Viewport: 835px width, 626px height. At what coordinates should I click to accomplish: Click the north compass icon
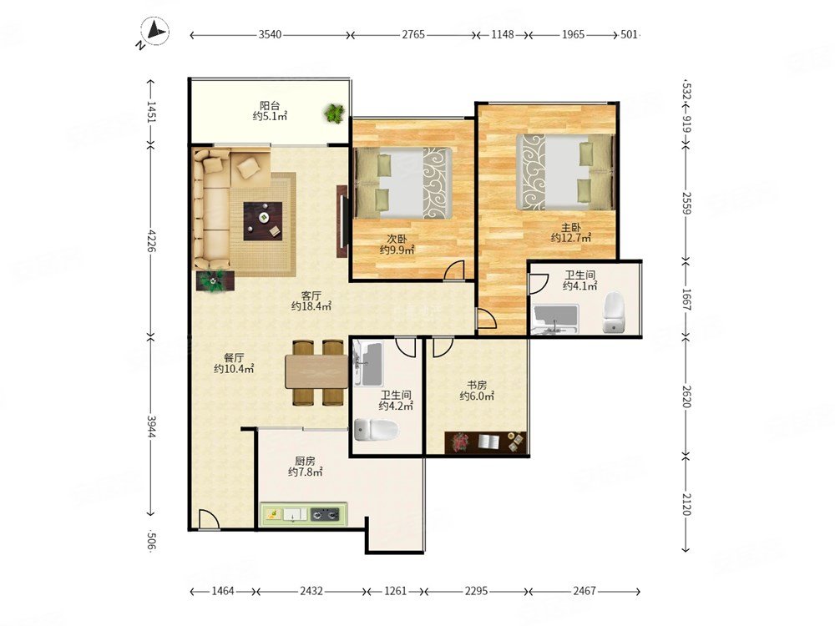(154, 32)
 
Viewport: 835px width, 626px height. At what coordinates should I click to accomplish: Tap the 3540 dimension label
(270, 34)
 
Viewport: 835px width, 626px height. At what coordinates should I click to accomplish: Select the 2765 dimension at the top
(413, 34)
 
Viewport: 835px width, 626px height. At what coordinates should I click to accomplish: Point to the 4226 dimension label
(152, 240)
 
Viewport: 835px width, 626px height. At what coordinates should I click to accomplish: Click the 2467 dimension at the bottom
(584, 591)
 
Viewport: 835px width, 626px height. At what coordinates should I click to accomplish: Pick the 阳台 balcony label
(270, 105)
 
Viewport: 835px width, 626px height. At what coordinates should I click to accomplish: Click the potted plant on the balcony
(335, 113)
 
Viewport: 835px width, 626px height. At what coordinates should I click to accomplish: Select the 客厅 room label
(311, 295)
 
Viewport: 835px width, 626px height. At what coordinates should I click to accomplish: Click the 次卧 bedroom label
(397, 239)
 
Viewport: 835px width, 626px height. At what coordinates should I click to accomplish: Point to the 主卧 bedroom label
(571, 227)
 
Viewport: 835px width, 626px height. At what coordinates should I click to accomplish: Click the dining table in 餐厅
(316, 371)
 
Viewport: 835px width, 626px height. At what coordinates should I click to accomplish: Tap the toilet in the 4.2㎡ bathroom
(376, 430)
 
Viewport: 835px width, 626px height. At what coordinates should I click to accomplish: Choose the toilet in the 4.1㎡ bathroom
(614, 312)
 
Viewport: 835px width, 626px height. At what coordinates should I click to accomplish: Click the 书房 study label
(477, 384)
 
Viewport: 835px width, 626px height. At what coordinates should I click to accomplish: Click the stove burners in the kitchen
(325, 514)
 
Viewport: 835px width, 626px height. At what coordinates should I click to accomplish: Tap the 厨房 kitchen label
(305, 461)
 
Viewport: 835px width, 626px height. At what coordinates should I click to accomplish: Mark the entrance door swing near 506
(208, 519)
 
